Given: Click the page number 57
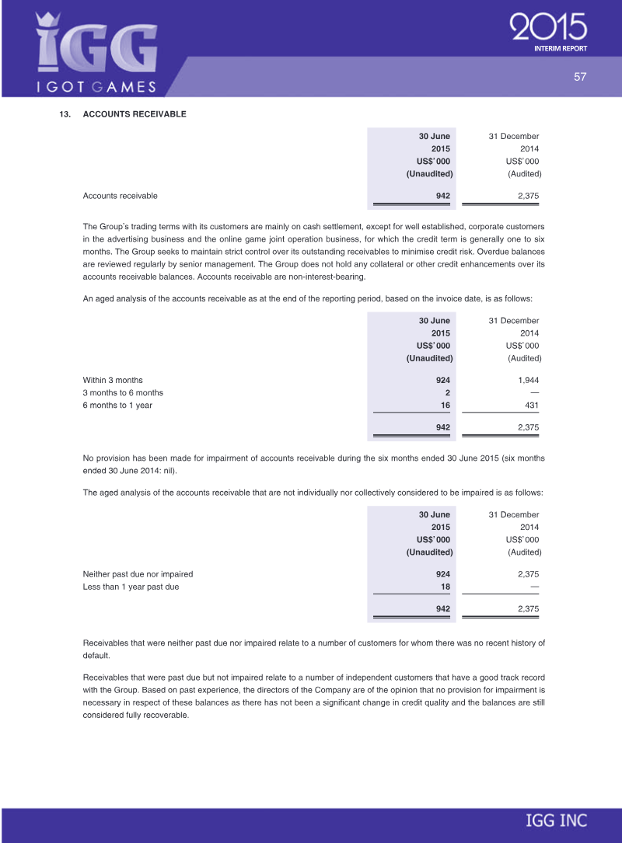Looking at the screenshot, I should pyautogui.click(x=579, y=77).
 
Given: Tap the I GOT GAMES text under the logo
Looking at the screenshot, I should pyautogui.click(x=97, y=86).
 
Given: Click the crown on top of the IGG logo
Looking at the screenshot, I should pyautogui.click(x=48, y=21).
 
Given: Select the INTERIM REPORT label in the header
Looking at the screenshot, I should pyautogui.click(x=560, y=48).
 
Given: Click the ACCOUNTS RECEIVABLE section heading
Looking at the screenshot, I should pyautogui.click(x=135, y=114).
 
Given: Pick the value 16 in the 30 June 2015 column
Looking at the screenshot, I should pyautogui.click(x=445, y=405).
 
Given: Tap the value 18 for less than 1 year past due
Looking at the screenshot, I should pyautogui.click(x=445, y=587).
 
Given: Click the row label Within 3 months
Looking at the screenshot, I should pyautogui.click(x=113, y=380).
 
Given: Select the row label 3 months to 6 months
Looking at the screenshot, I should pyautogui.click(x=123, y=392).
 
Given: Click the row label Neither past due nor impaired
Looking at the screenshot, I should pyautogui.click(x=138, y=574).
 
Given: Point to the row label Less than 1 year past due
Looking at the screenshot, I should pyautogui.click(x=131, y=587).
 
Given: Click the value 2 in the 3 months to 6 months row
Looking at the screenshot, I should pyautogui.click(x=447, y=392).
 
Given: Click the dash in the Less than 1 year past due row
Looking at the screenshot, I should pyautogui.click(x=534, y=587).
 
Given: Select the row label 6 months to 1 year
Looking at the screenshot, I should pyautogui.click(x=117, y=405).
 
